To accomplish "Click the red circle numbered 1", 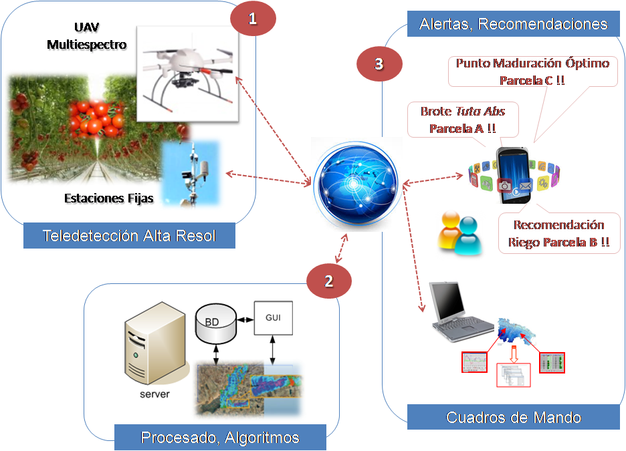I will pos(253,19).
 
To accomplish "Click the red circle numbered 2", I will pos(328,281).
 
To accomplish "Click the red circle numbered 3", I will pos(379,64).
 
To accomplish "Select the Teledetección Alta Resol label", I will pos(129,235).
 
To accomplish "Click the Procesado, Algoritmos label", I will pos(219,438).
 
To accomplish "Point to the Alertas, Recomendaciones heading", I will pos(513,25).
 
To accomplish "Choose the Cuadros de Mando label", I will pos(513,418).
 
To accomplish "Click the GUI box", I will pos(273,317).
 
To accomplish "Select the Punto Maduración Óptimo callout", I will pos(532,71).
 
